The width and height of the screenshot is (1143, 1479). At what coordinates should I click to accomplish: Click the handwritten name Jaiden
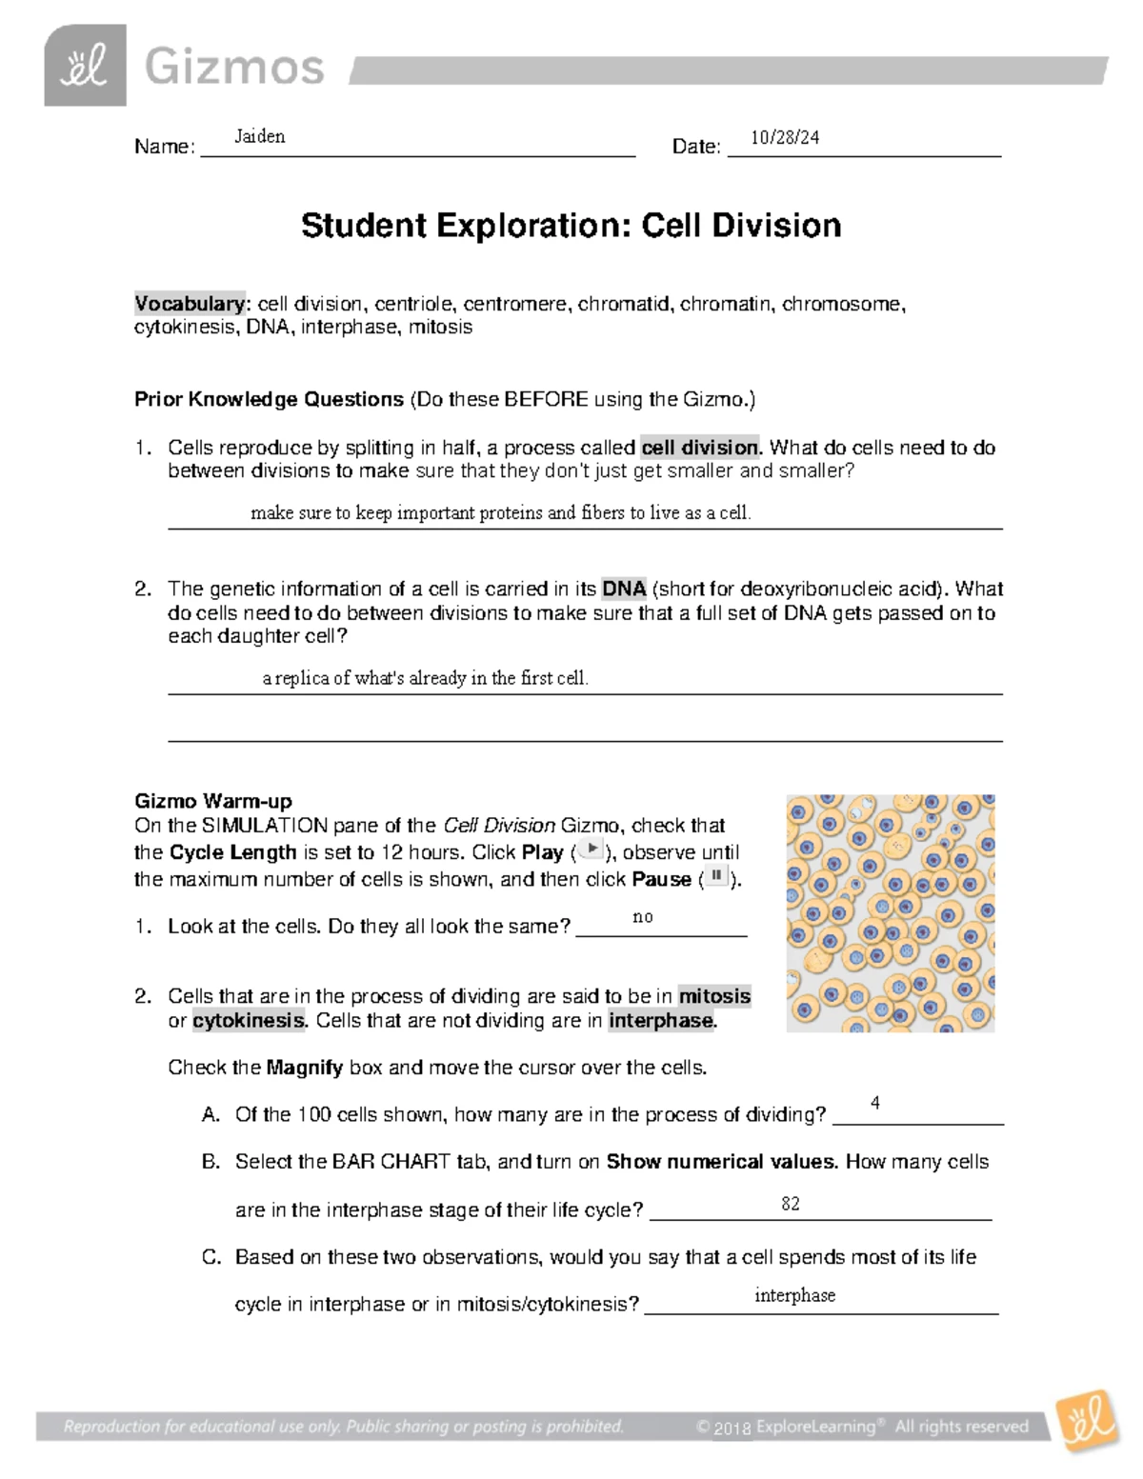(260, 136)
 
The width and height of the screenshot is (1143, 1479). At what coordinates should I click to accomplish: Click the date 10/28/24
(785, 137)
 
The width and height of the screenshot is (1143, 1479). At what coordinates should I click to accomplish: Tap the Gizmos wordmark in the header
(234, 68)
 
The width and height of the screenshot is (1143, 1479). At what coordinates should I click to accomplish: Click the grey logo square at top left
(85, 66)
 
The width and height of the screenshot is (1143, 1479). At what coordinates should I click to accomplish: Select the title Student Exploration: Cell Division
(571, 226)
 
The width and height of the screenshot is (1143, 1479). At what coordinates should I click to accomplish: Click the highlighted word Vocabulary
(190, 304)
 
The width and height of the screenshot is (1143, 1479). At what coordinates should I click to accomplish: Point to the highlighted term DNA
(625, 589)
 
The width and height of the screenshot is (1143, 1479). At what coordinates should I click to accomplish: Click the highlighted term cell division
(701, 448)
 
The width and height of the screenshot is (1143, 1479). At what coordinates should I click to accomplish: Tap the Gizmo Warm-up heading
(213, 800)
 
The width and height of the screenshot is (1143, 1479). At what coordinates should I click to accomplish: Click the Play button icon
(592, 849)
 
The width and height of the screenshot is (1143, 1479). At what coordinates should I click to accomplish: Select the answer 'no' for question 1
(643, 917)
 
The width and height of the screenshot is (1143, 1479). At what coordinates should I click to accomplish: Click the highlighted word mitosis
(714, 996)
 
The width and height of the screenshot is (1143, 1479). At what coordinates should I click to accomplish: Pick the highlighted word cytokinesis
(249, 1021)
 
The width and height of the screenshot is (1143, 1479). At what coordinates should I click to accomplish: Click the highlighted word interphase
(661, 1021)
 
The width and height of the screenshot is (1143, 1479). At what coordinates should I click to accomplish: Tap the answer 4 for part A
(874, 1103)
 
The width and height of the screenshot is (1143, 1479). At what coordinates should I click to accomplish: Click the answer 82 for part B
(791, 1204)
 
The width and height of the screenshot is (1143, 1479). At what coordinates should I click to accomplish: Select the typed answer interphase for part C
(794, 1295)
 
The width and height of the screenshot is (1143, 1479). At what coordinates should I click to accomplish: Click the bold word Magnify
(305, 1068)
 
